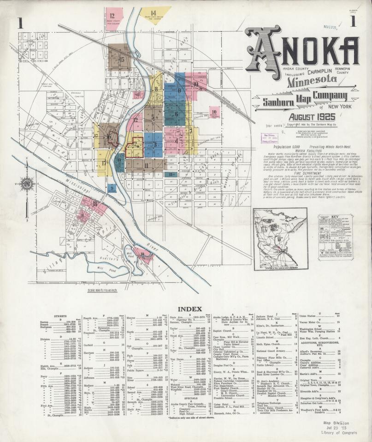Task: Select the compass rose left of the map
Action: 27,184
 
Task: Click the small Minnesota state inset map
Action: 280,239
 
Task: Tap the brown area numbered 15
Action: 118,59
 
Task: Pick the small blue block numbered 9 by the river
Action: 112,188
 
